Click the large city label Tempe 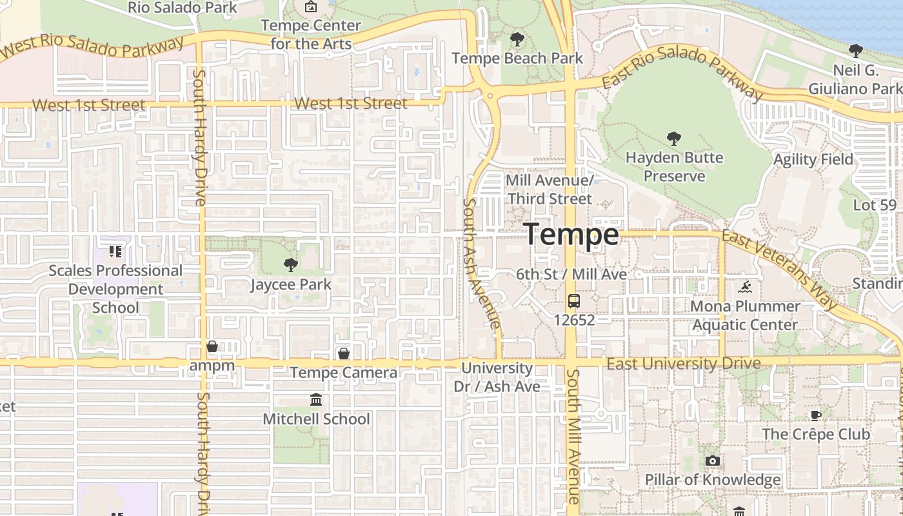571,234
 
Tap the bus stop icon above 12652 573,301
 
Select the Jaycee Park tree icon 290,264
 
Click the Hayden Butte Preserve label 674,167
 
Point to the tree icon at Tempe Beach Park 517,39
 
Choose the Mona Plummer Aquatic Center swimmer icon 746,287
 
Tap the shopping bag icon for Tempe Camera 344,353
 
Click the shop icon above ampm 212,347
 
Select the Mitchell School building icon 316,400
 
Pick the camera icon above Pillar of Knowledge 712,461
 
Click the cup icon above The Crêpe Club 815,415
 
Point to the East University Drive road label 684,364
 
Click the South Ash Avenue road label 481,263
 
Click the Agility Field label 813,159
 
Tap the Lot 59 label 875,206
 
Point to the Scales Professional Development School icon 115,251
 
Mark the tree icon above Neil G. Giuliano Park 855,50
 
